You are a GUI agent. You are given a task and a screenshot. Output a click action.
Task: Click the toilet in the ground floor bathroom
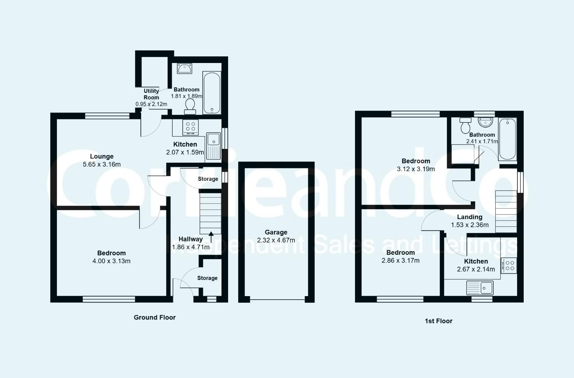pyautogui.click(x=190, y=106)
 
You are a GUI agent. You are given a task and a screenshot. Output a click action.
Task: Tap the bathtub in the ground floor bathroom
pyautogui.click(x=212, y=93)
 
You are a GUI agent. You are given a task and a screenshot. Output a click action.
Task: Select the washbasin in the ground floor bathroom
pyautogui.click(x=184, y=69)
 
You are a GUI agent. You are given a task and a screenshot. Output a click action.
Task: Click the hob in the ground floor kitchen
pyautogui.click(x=190, y=128)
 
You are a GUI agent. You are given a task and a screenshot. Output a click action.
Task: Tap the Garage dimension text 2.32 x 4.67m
pyautogui.click(x=276, y=240)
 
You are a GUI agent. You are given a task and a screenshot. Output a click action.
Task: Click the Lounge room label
pyautogui.click(x=102, y=156)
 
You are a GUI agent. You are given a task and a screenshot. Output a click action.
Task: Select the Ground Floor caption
pyautogui.click(x=154, y=317)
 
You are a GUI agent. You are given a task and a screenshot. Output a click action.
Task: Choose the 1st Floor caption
pyautogui.click(x=438, y=321)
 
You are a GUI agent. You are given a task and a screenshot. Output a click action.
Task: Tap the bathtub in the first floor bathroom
pyautogui.click(x=507, y=139)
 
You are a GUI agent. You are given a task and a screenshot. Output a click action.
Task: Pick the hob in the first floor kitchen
pyautogui.click(x=509, y=266)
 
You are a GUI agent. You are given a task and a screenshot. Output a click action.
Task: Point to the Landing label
pyautogui.click(x=470, y=217)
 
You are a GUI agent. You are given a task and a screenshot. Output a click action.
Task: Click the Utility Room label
pyautogui.click(x=151, y=94)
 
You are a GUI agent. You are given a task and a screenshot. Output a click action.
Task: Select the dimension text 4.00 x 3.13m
pyautogui.click(x=111, y=261)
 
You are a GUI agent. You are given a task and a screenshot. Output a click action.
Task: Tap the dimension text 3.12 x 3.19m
pyautogui.click(x=416, y=169)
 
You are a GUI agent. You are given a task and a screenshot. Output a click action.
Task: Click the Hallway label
pyautogui.click(x=190, y=239)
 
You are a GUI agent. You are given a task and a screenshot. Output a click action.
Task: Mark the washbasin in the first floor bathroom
pyautogui.click(x=485, y=122)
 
